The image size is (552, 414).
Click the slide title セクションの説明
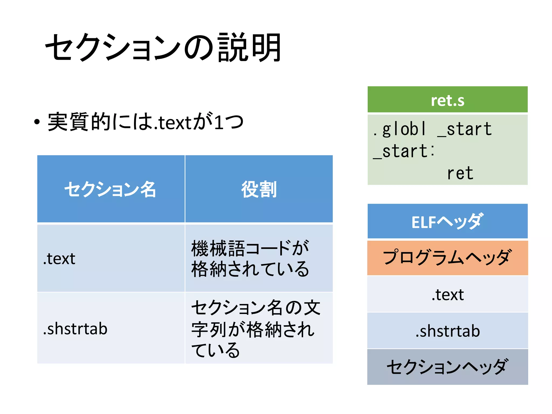[x=163, y=47]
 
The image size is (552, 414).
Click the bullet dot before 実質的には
[x=37, y=122]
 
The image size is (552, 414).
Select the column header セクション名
[x=110, y=189]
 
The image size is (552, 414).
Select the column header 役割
[x=259, y=189]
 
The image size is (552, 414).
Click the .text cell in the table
[x=59, y=259]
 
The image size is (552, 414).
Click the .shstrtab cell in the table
[x=75, y=329]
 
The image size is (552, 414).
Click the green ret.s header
[x=447, y=100]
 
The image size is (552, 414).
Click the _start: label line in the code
[x=404, y=151]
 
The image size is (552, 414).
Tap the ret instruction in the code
[x=460, y=173]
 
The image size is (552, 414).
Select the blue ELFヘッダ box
[x=447, y=222]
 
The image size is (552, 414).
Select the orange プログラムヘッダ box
[x=447, y=258]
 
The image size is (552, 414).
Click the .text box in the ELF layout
[x=447, y=294]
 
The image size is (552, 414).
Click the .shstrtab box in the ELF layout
[x=447, y=331]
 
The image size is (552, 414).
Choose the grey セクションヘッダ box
[x=447, y=367]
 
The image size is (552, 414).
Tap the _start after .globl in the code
[x=465, y=129]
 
